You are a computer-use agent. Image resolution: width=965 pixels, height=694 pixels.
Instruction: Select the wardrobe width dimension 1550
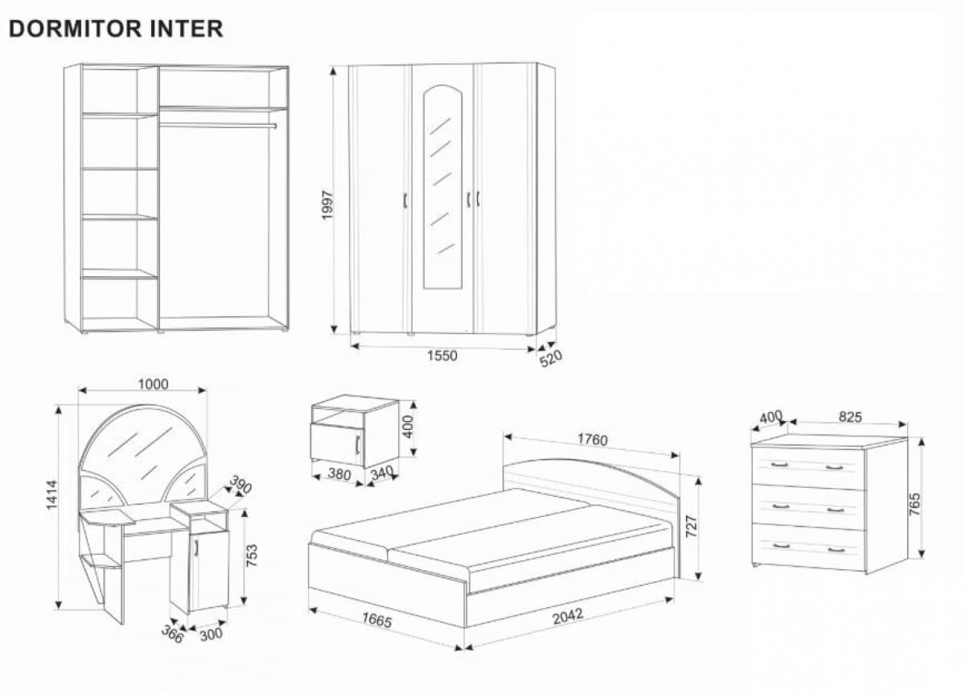click(441, 356)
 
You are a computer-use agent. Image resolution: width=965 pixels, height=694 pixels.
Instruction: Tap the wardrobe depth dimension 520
click(550, 358)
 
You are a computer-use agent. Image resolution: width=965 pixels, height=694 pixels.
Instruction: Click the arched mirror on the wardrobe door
click(442, 189)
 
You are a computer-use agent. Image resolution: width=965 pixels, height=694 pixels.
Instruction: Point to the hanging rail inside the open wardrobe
click(217, 126)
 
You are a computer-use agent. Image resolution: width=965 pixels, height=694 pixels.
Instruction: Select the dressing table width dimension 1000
click(153, 384)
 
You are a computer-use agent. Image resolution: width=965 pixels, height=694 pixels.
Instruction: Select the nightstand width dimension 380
click(339, 474)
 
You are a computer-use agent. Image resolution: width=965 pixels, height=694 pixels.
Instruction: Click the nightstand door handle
click(355, 444)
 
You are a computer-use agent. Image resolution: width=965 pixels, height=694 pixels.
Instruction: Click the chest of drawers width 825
click(850, 416)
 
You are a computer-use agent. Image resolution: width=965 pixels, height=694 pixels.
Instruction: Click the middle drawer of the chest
click(807, 507)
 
